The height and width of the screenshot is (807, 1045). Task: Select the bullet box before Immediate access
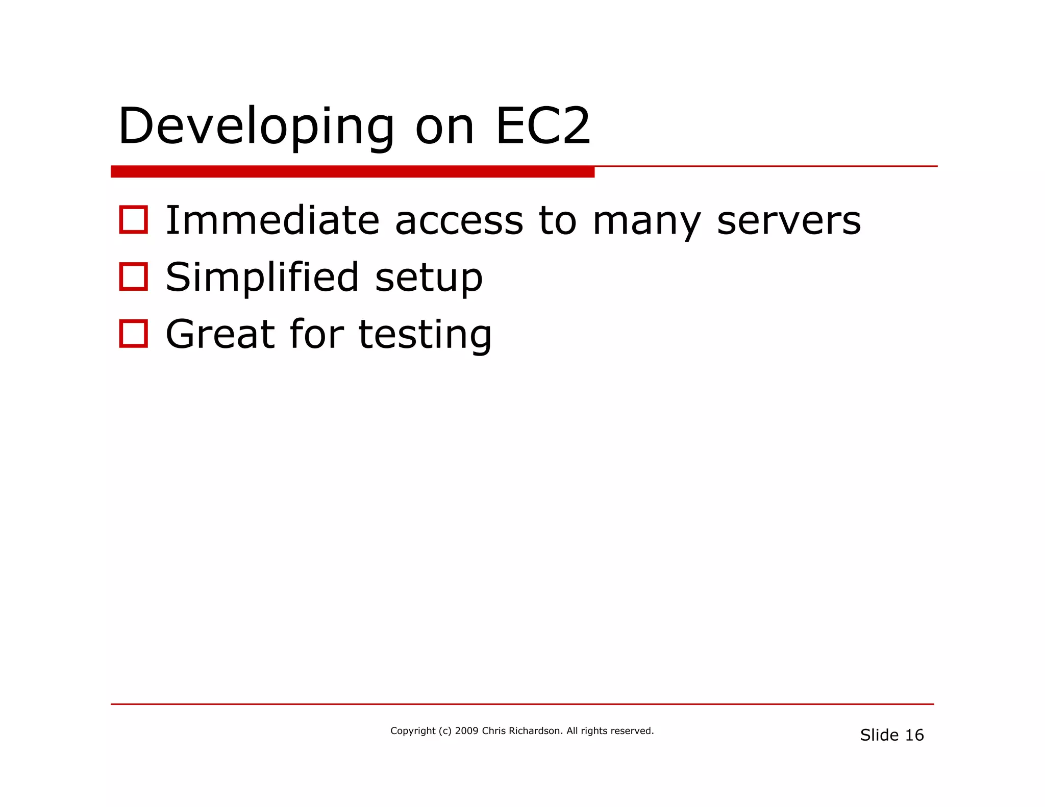(134, 220)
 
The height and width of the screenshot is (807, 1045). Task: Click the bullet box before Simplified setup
(134, 277)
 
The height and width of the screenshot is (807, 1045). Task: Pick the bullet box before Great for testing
(134, 334)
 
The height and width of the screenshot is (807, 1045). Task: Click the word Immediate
(272, 220)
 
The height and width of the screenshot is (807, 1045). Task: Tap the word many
(646, 222)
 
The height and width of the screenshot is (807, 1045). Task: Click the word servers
(789, 221)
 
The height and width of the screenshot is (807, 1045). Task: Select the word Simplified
(262, 278)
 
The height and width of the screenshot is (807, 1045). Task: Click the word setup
(429, 279)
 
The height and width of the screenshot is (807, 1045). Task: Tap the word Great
(220, 335)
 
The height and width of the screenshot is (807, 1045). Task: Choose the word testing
(425, 336)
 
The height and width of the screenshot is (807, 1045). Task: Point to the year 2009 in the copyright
(466, 731)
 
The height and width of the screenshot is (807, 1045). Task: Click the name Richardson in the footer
(536, 731)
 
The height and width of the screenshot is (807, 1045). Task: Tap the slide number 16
(914, 735)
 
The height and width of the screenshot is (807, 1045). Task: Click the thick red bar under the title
(352, 172)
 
